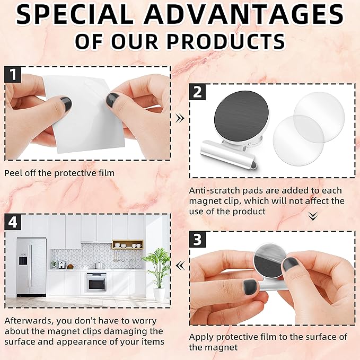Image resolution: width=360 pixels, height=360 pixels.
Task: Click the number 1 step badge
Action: pyautogui.click(x=13, y=74)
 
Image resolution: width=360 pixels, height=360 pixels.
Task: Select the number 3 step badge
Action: pyautogui.click(x=198, y=240)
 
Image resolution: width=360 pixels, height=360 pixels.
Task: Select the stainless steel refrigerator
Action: pyautogui.click(x=31, y=266)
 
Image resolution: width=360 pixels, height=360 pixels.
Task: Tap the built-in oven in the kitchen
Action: pyautogui.click(x=96, y=282)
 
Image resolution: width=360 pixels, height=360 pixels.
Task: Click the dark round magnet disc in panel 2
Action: pyautogui.click(x=238, y=120)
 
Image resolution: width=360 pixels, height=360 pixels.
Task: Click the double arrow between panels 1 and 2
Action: pyautogui.click(x=180, y=118)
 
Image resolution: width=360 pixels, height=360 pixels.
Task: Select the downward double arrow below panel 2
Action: pyautogui.click(x=312, y=216)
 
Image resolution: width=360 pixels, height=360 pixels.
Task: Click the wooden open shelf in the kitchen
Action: pyautogui.click(x=128, y=244)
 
